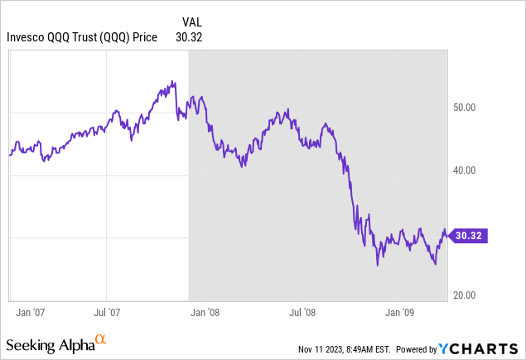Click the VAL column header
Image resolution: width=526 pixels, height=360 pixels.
pyautogui.click(x=192, y=22)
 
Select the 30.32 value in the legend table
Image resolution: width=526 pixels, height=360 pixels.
pyautogui.click(x=190, y=37)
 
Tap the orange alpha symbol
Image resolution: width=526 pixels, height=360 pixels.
pyautogui.click(x=100, y=338)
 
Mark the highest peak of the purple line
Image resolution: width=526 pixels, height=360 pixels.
pyautogui.click(x=172, y=81)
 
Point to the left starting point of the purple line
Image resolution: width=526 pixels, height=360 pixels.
pyautogui.click(x=10, y=154)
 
